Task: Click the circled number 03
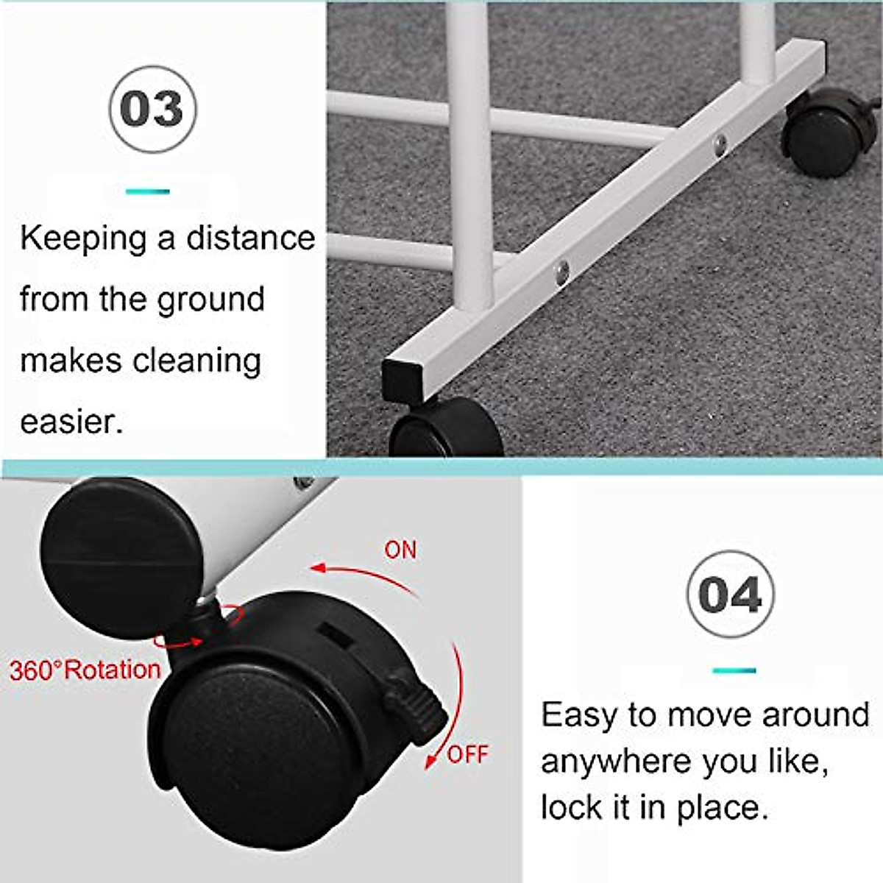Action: [152, 109]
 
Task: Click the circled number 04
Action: [730, 595]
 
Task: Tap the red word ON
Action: [400, 550]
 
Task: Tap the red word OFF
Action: [467, 754]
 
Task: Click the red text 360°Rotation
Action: [85, 670]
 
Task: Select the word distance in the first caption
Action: [250, 238]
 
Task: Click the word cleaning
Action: [196, 361]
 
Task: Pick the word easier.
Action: [71, 422]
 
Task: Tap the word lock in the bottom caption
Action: [567, 807]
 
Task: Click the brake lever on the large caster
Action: [416, 706]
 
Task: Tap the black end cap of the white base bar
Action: [402, 380]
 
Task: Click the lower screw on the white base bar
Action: [562, 273]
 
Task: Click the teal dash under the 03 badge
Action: [147, 191]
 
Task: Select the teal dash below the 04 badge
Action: [734, 670]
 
